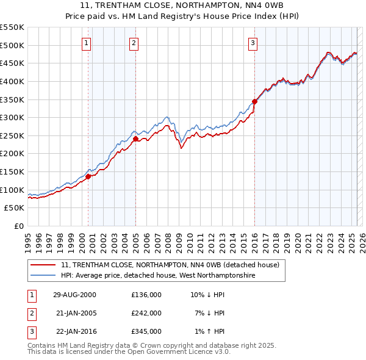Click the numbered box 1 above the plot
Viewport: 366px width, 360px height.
[87, 43]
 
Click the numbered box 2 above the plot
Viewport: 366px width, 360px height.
[134, 43]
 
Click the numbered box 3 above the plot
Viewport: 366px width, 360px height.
[253, 43]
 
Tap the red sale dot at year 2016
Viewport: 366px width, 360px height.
[254, 102]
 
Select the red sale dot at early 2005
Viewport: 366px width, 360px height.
[135, 139]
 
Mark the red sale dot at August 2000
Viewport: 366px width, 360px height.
[88, 176]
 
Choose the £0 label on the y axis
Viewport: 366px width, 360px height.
[18, 226]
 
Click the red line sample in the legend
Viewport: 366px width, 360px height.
[43, 265]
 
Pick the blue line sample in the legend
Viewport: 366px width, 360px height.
[43, 276]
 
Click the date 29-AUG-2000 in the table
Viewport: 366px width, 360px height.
[75, 295]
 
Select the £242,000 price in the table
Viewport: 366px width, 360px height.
[146, 313]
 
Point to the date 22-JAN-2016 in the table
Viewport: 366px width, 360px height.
[75, 331]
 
